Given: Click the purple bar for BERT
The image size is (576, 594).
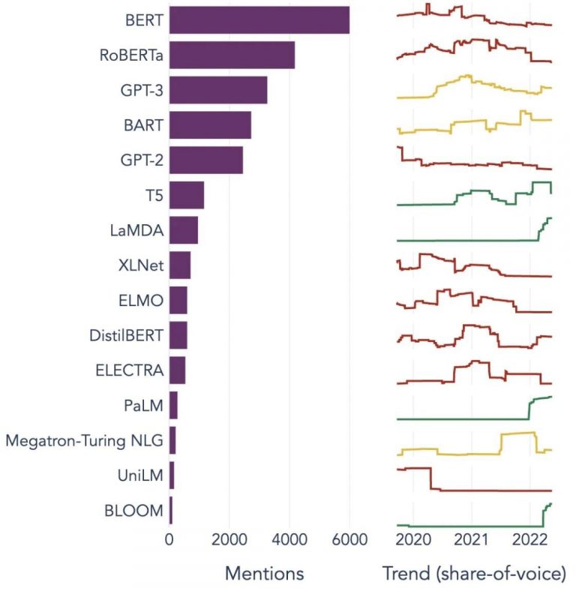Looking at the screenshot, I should click(259, 19).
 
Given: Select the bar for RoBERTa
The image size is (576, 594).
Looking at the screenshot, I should click(232, 55).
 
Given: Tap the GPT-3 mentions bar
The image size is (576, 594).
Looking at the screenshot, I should click(217, 91).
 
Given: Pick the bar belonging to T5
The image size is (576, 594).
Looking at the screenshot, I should click(186, 196).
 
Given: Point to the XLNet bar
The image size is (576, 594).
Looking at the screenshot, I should click(179, 265).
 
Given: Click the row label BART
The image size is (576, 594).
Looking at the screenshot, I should click(143, 126).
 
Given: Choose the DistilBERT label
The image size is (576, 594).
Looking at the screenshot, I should click(124, 335).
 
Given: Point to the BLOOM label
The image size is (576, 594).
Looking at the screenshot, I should click(134, 511).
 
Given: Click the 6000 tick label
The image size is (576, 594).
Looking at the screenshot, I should click(349, 539).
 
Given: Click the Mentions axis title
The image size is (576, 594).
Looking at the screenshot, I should click(264, 574).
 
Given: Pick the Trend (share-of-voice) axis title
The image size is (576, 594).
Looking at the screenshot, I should click(473, 574).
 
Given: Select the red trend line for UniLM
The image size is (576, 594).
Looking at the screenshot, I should click(487, 490).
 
